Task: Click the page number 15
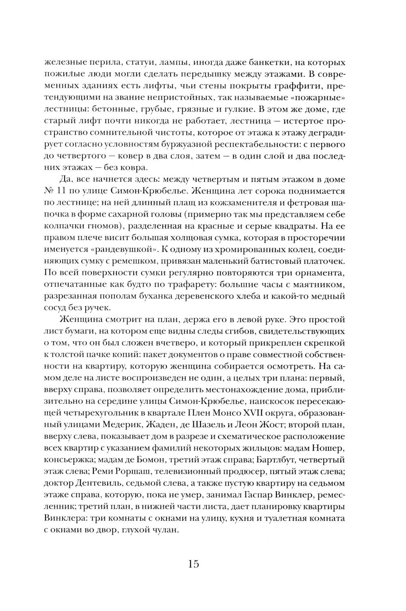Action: (x=193, y=564)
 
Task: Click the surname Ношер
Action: (x=329, y=448)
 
